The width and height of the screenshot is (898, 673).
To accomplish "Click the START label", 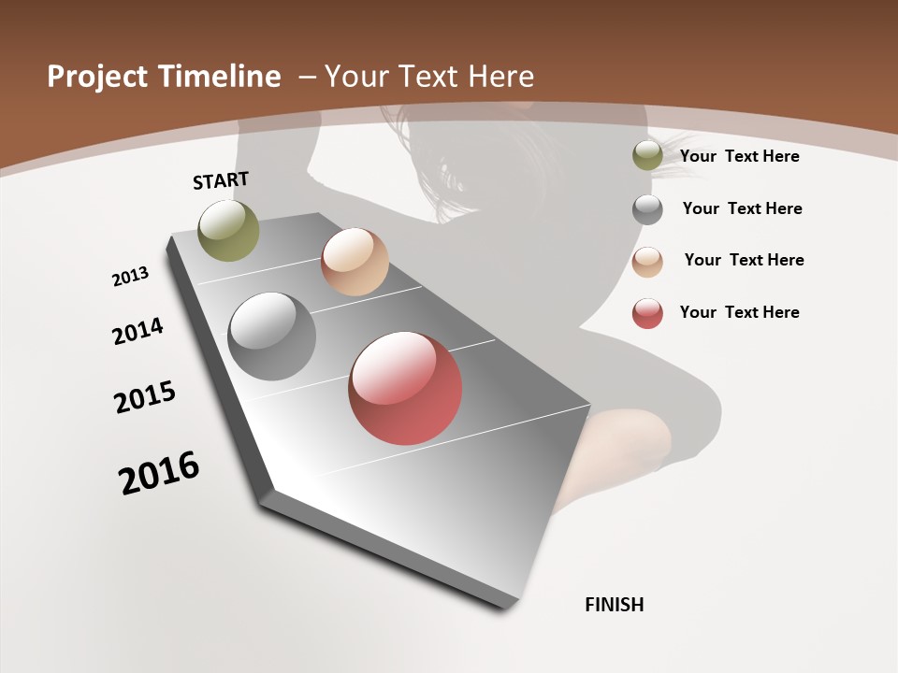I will [x=221, y=180].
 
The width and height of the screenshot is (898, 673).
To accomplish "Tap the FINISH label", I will [x=615, y=605].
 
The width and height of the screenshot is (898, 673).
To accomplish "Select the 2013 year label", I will [x=131, y=276].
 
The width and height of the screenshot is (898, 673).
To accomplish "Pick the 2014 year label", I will [x=138, y=331].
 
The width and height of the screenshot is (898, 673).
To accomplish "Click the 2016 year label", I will [x=159, y=473].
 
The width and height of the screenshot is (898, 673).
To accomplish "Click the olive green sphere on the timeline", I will [x=229, y=231].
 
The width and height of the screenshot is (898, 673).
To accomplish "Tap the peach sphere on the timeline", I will [x=355, y=262].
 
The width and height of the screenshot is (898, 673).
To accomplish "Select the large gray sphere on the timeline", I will [x=272, y=336].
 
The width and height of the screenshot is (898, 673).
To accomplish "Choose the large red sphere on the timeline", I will [x=405, y=388].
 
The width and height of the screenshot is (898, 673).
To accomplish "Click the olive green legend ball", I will [x=647, y=156].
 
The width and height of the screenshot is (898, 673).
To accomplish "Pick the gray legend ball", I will [x=647, y=209].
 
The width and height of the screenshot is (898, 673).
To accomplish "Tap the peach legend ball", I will [x=647, y=262].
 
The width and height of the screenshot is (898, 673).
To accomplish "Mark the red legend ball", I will [x=647, y=313].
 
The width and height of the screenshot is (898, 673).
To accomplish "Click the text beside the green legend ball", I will [x=740, y=156].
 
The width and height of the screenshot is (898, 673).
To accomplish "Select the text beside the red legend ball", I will [x=740, y=312].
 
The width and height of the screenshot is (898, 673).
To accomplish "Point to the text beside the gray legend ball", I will [x=743, y=208].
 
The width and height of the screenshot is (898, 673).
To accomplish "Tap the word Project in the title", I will [x=97, y=77].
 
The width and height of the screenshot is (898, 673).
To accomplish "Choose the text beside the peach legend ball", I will [x=745, y=260].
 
